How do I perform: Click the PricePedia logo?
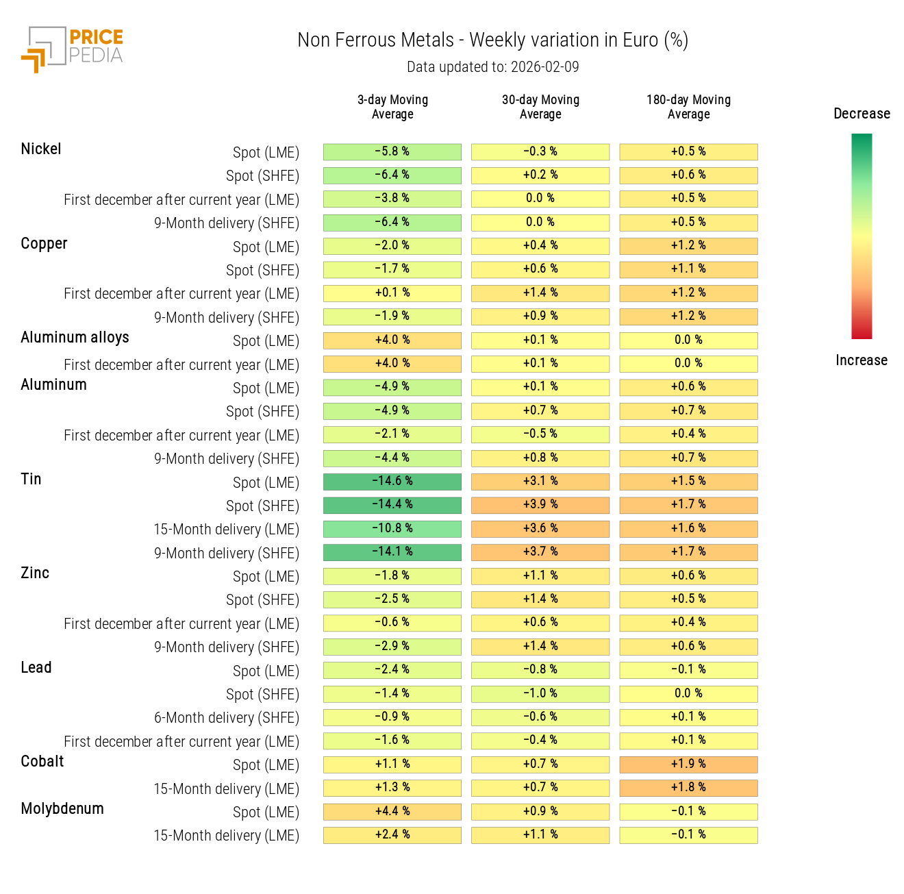coord(73,49)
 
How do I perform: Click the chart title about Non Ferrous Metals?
coord(492,40)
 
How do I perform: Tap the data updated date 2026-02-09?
coord(492,67)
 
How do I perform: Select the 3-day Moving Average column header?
coord(392,107)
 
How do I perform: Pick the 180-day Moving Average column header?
coord(688,107)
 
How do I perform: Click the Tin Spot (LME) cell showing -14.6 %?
coord(392,482)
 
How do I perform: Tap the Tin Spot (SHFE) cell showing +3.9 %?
coord(540,505)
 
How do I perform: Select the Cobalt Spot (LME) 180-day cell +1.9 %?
coord(688,765)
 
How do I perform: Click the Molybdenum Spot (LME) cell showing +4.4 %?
coord(392,812)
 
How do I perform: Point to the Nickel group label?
coord(41,149)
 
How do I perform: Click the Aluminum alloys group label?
coord(75,338)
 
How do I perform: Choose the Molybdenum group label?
coord(62,809)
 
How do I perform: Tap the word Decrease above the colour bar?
coord(862,114)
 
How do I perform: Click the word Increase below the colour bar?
coord(862,360)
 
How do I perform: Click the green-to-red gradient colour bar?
coord(862,236)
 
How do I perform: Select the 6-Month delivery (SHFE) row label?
coord(226,718)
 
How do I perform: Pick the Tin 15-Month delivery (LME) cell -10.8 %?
coord(392,529)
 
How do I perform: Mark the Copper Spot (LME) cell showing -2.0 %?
coord(392,246)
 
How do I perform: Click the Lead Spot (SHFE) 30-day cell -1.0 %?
coord(540,694)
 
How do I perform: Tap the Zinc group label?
coord(35,573)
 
